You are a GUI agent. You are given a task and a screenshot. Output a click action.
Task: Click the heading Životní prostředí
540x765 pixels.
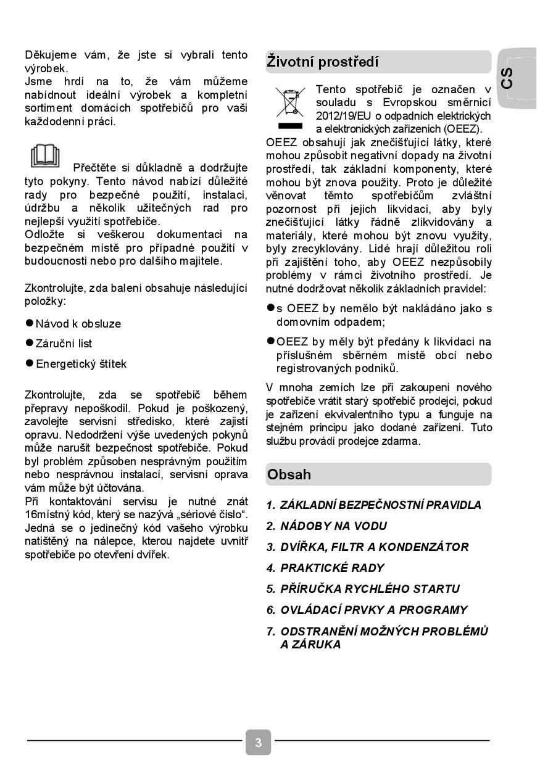(x=323, y=62)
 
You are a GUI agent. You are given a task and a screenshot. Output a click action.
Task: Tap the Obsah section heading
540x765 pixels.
(x=289, y=474)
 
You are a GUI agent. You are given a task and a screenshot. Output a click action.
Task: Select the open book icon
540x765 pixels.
(x=45, y=156)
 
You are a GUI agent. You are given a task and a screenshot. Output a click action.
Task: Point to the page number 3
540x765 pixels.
(x=258, y=742)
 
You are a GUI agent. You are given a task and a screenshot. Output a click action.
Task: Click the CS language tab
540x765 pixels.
(x=507, y=78)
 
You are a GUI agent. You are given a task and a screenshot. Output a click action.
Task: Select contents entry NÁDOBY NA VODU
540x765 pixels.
(x=333, y=526)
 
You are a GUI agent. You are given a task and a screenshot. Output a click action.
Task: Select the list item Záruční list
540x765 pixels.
(x=64, y=344)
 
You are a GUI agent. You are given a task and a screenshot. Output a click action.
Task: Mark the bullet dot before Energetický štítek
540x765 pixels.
(x=29, y=363)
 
